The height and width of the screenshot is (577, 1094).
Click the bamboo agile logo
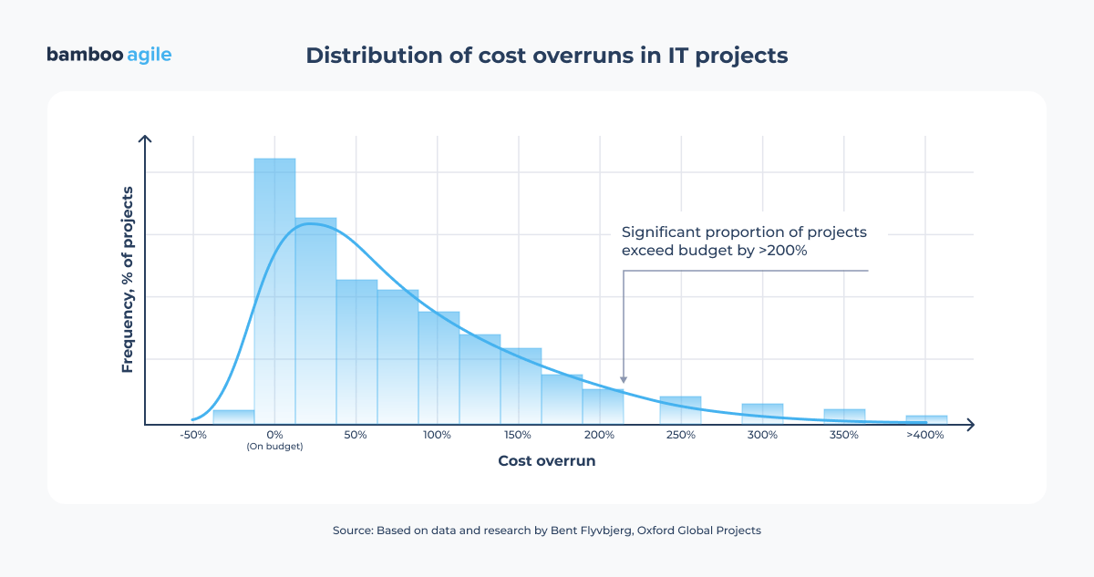[108, 55]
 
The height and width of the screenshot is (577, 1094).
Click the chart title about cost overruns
[546, 55]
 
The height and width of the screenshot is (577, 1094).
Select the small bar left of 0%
[233, 417]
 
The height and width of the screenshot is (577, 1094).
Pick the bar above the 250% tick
[680, 410]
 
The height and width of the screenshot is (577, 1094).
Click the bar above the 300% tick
[762, 413]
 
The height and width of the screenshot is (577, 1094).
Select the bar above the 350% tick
[844, 416]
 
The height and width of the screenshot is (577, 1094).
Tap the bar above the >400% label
[926, 419]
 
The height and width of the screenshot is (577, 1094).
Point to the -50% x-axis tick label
[192, 435]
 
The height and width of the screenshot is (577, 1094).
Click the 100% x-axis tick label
[437, 435]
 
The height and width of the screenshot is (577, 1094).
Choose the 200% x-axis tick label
[599, 435]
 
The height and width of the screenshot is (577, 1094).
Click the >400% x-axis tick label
[925, 435]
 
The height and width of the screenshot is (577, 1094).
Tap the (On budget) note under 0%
[274, 447]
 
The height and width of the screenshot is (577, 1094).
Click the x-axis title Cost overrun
[546, 461]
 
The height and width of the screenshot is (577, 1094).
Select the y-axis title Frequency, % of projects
[128, 279]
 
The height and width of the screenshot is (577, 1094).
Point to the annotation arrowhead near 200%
[624, 379]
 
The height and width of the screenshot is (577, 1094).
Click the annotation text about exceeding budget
[743, 241]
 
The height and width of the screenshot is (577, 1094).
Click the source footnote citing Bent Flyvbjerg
[546, 530]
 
